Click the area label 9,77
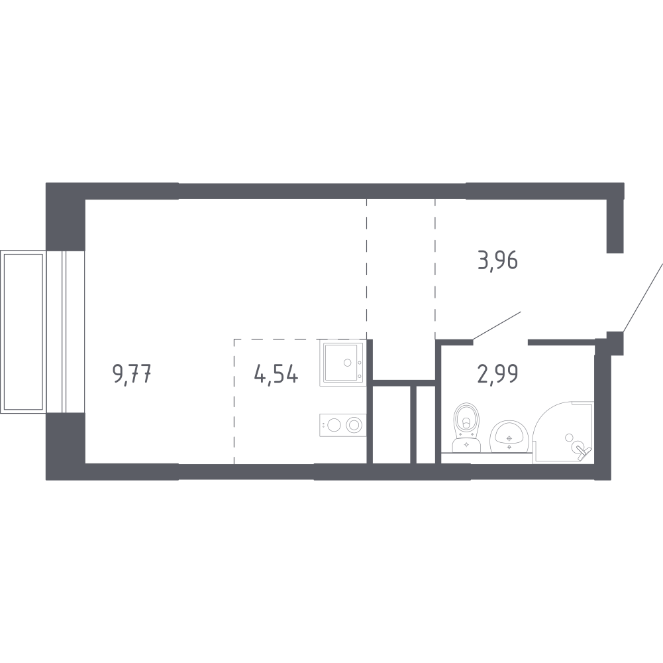[x=132, y=375]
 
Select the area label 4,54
[x=277, y=375]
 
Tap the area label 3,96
[x=497, y=261]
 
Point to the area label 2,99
[x=497, y=374]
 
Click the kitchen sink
[x=343, y=363]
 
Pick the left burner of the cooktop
[x=334, y=424]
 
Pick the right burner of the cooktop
[x=354, y=424]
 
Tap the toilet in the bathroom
[x=466, y=427]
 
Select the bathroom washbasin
[x=509, y=437]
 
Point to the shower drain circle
[x=569, y=437]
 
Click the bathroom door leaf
[x=496, y=325]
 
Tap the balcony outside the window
[x=23, y=332]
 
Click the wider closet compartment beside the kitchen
[x=391, y=424]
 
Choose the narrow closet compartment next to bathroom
[x=426, y=424]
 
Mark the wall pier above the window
[x=66, y=216]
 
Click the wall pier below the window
[x=66, y=446]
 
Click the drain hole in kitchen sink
[x=348, y=363]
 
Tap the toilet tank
[x=466, y=445]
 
